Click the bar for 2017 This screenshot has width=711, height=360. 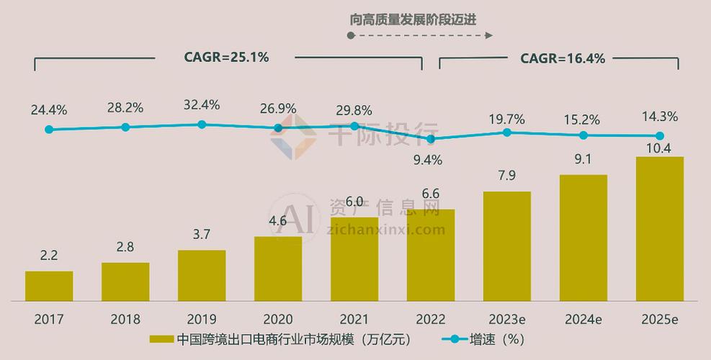point(49,286)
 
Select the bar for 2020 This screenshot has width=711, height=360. point(278,269)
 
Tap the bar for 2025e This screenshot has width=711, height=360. point(659,229)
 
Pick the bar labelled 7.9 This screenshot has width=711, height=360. point(507,246)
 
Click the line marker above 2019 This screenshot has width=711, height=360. point(202,125)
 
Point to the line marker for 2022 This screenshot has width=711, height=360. point(431,139)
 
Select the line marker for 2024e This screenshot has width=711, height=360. point(583,135)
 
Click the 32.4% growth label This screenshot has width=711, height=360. point(202,105)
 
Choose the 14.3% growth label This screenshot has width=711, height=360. point(660,117)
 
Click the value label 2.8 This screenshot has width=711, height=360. point(125,248)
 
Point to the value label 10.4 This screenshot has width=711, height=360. point(659,148)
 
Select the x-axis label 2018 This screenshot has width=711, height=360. point(125,319)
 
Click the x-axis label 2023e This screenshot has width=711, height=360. point(507,319)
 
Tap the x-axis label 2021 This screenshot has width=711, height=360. point(354,319)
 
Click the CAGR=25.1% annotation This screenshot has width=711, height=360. point(226,58)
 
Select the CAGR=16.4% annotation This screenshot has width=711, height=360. point(563,59)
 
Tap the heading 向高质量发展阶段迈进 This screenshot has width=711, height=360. point(413,19)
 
